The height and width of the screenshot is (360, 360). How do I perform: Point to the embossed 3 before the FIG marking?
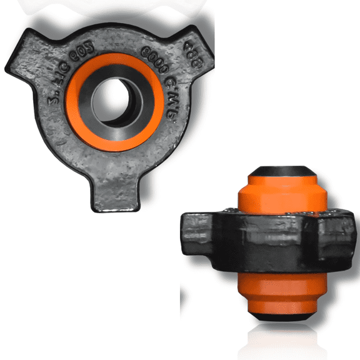[52, 98]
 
